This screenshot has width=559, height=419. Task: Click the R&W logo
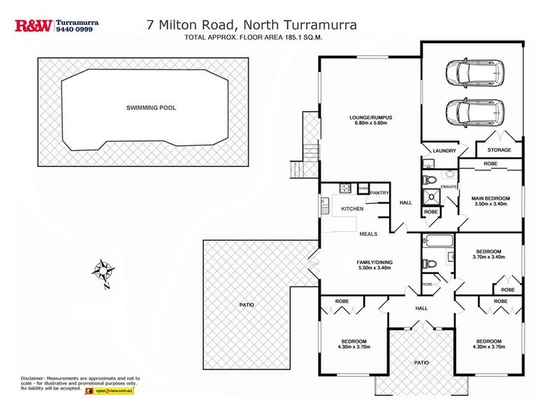point(32,26)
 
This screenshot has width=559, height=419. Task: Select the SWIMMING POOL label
point(151,108)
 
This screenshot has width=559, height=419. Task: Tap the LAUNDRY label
point(444,150)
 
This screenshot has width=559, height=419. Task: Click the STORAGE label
point(499,150)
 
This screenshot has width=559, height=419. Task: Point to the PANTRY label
point(379,192)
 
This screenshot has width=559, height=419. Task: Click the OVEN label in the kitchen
point(363,189)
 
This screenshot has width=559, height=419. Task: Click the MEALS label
point(368,235)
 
